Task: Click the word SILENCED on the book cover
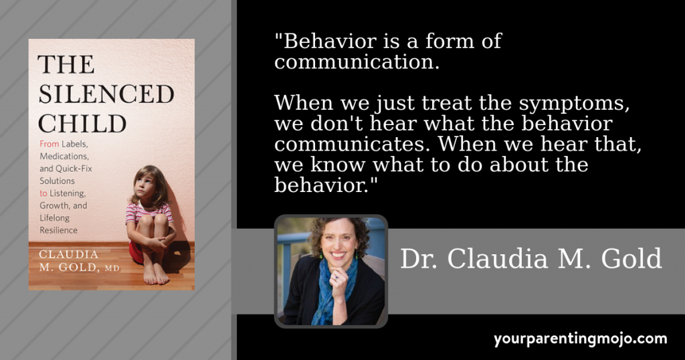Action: [106, 94]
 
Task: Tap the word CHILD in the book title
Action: [82, 124]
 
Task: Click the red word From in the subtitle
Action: [49, 144]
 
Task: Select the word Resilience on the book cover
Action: [59, 230]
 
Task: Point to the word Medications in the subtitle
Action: [64, 157]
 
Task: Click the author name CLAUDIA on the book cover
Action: [69, 254]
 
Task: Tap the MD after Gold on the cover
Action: [112, 268]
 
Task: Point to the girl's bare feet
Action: [155, 274]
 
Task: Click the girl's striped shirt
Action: [149, 213]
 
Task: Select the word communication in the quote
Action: [357, 62]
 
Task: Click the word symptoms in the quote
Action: [573, 104]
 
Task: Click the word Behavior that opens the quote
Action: [329, 41]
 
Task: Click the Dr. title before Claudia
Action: [419, 259]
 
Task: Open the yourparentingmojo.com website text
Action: [581, 339]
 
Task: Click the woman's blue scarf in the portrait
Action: [332, 289]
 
